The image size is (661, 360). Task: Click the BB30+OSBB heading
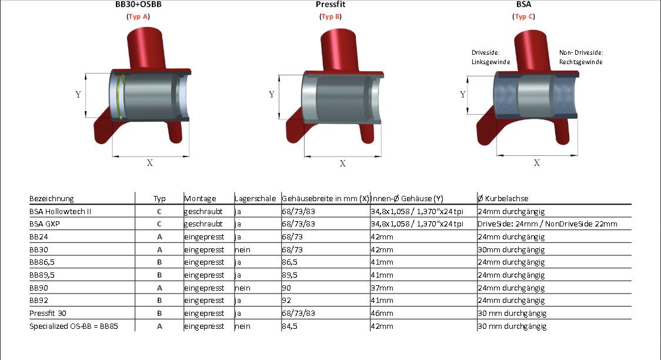click(138, 5)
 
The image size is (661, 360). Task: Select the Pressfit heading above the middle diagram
click(330, 5)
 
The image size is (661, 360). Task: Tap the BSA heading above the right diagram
click(523, 5)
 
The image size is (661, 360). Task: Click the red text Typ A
click(138, 16)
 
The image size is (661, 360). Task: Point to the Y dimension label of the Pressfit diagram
click(272, 95)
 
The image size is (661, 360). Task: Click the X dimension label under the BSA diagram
click(537, 163)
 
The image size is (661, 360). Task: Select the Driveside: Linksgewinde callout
click(490, 57)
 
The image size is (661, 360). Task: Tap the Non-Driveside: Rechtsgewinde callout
click(581, 57)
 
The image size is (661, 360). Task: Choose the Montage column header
click(200, 199)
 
